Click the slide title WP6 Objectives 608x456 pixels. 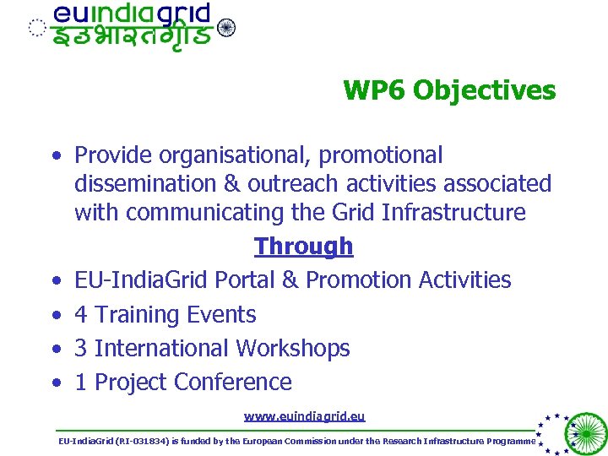point(449,90)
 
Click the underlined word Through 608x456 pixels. point(303,247)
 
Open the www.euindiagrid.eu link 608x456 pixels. point(304,416)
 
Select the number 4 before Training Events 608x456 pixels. point(81,315)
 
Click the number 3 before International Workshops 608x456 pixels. point(81,348)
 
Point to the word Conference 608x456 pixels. point(232,383)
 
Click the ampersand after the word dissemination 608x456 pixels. point(232,184)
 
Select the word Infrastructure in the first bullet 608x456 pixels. point(453,212)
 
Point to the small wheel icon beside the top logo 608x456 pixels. point(226,28)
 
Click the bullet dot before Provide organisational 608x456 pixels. point(56,156)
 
